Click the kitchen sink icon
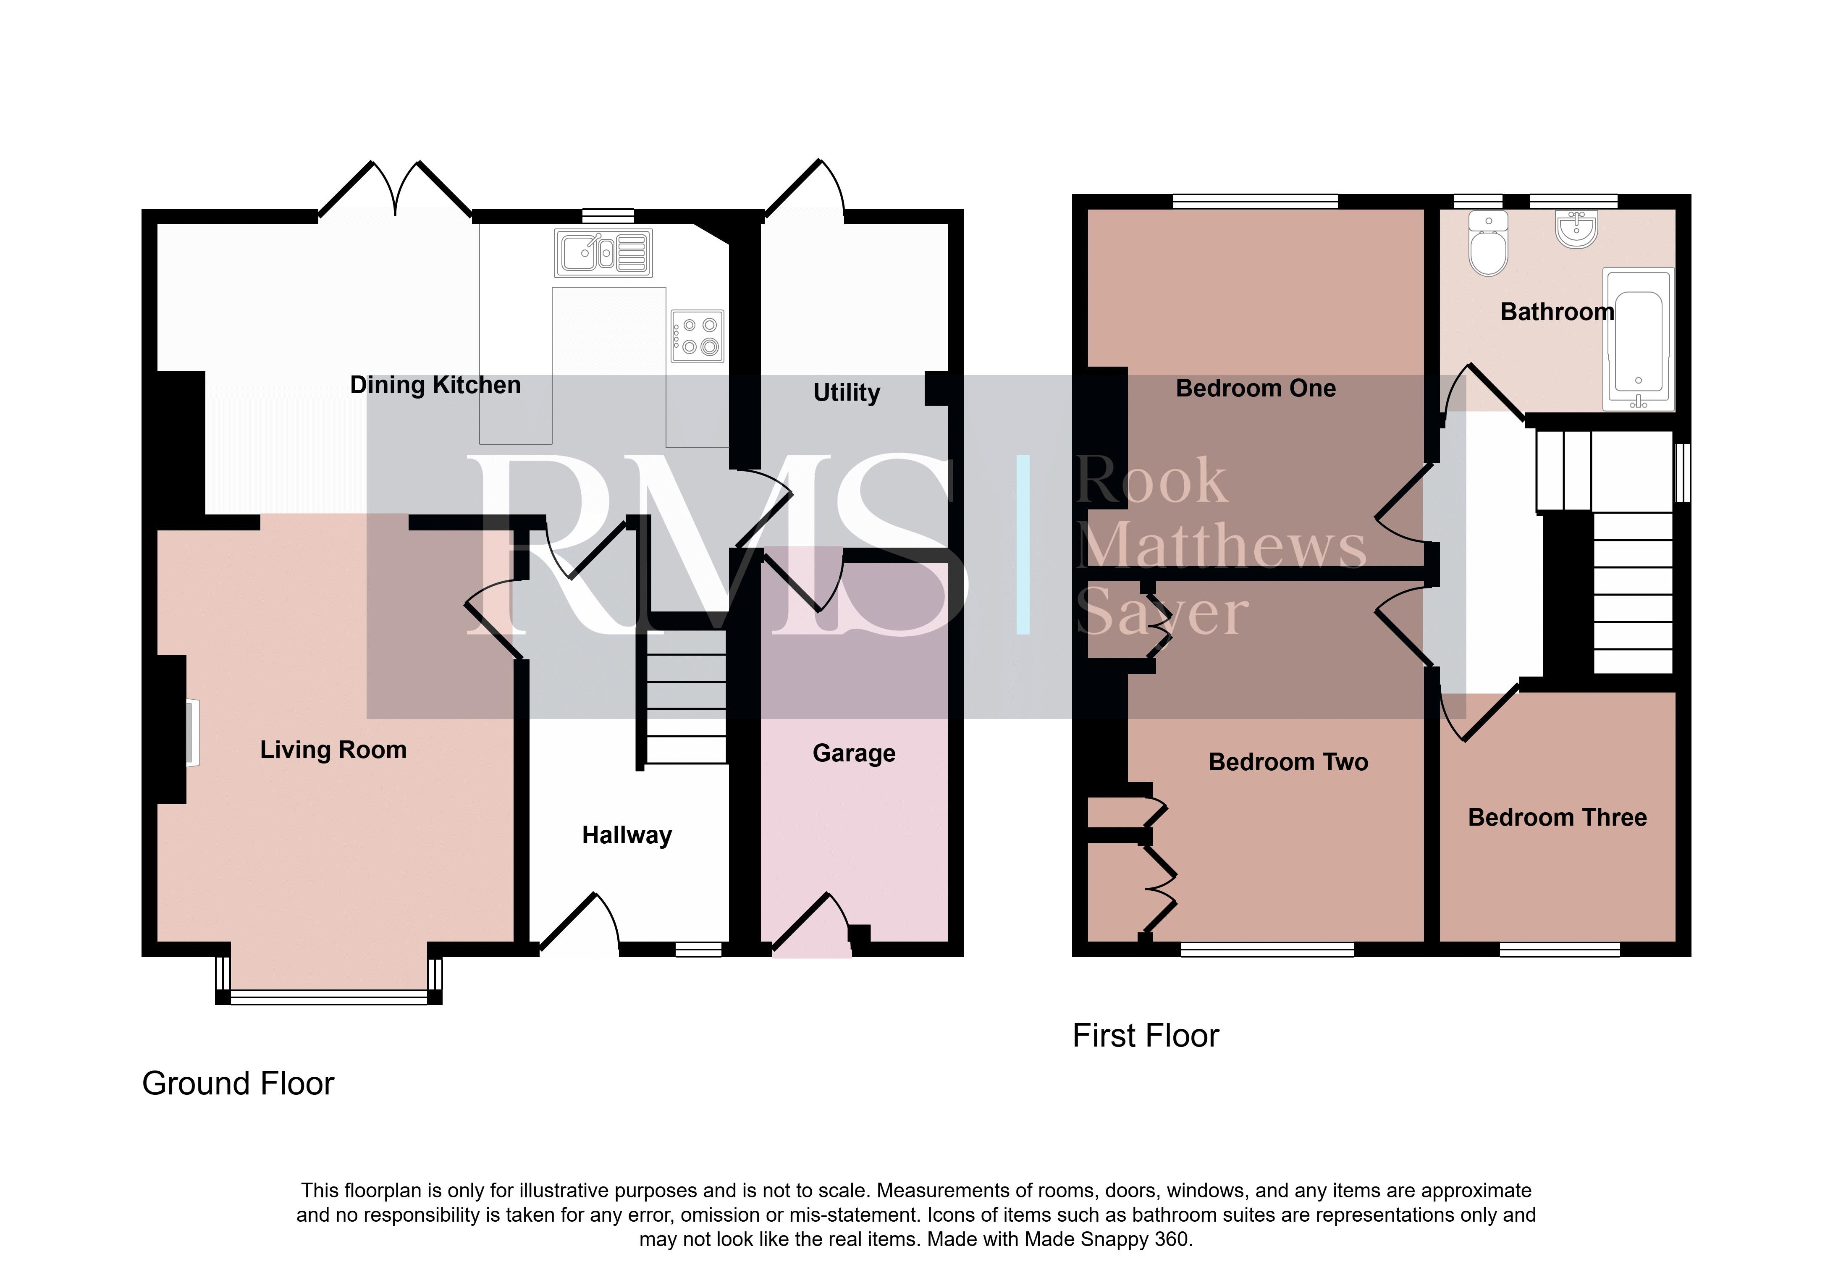pyautogui.click(x=603, y=253)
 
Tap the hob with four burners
pyautogui.click(x=697, y=336)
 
